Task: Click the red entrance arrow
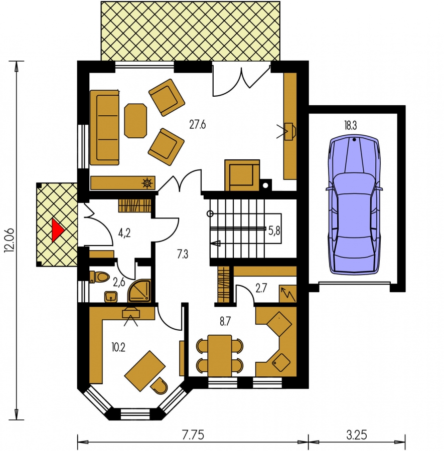pos(57,230)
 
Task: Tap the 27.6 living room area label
pos(198,125)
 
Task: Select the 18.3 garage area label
pos(350,125)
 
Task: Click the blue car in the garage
pos(354,205)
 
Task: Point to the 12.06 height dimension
pos(9,241)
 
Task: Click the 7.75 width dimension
pos(193,435)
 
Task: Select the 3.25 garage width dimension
pos(357,435)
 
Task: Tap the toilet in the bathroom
pos(99,277)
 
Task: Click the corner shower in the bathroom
pos(139,291)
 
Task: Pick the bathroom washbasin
pos(111,297)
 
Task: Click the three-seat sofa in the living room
pos(104,127)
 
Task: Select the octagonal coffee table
pos(135,121)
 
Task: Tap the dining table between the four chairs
pos(220,355)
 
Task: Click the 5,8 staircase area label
pos(274,231)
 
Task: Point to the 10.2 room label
pos(118,348)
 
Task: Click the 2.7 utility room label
pos(261,288)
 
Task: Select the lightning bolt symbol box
pos(287,294)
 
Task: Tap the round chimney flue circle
pos(265,185)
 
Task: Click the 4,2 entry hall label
pos(124,233)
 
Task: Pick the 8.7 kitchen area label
pos(225,321)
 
